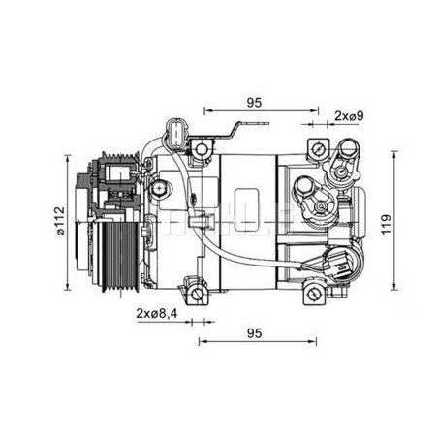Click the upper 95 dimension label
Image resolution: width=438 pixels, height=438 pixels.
point(254,103)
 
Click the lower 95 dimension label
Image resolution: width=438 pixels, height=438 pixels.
point(254,333)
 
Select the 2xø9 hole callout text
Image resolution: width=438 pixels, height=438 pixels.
point(349,116)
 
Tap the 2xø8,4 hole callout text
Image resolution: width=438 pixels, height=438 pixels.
point(157,313)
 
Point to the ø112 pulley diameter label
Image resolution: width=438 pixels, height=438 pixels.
point(60,221)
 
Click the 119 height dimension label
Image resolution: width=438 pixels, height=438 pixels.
point(387,224)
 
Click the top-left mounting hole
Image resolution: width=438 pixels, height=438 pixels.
point(201,149)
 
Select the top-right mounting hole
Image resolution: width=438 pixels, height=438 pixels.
point(318,149)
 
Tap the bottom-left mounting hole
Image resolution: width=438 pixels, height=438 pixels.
point(197,294)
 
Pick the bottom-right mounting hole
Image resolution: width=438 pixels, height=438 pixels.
point(312,294)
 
